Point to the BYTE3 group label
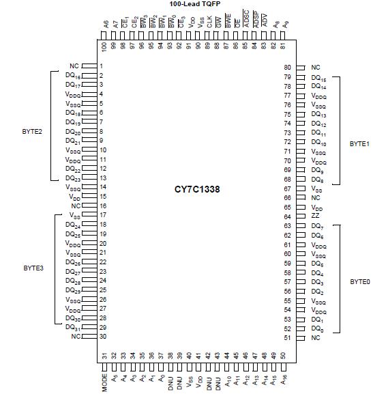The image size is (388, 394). click(33, 268)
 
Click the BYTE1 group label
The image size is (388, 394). click(361, 145)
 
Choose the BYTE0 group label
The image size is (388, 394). click(361, 281)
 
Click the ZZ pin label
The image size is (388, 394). click(315, 216)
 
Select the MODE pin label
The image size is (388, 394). click(105, 380)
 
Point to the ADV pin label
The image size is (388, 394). click(264, 30)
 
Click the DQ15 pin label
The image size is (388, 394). click(318, 78)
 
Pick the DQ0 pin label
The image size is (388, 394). click(317, 329)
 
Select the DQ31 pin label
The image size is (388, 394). click(74, 327)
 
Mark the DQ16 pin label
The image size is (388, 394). click(74, 76)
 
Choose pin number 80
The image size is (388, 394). click(288, 67)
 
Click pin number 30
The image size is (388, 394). click(101, 336)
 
